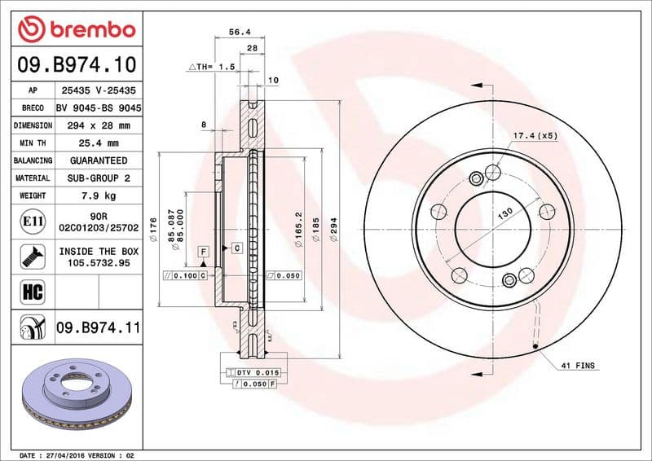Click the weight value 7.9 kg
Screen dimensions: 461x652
[x=99, y=195]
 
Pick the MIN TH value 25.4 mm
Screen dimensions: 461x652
[x=99, y=143]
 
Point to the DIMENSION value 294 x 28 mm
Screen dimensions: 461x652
[x=99, y=126]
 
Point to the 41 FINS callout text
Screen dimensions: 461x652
[x=577, y=366]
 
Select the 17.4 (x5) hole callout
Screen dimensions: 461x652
[x=535, y=135]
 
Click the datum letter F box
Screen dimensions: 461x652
[x=201, y=252]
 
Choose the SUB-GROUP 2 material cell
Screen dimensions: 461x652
[x=99, y=178]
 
